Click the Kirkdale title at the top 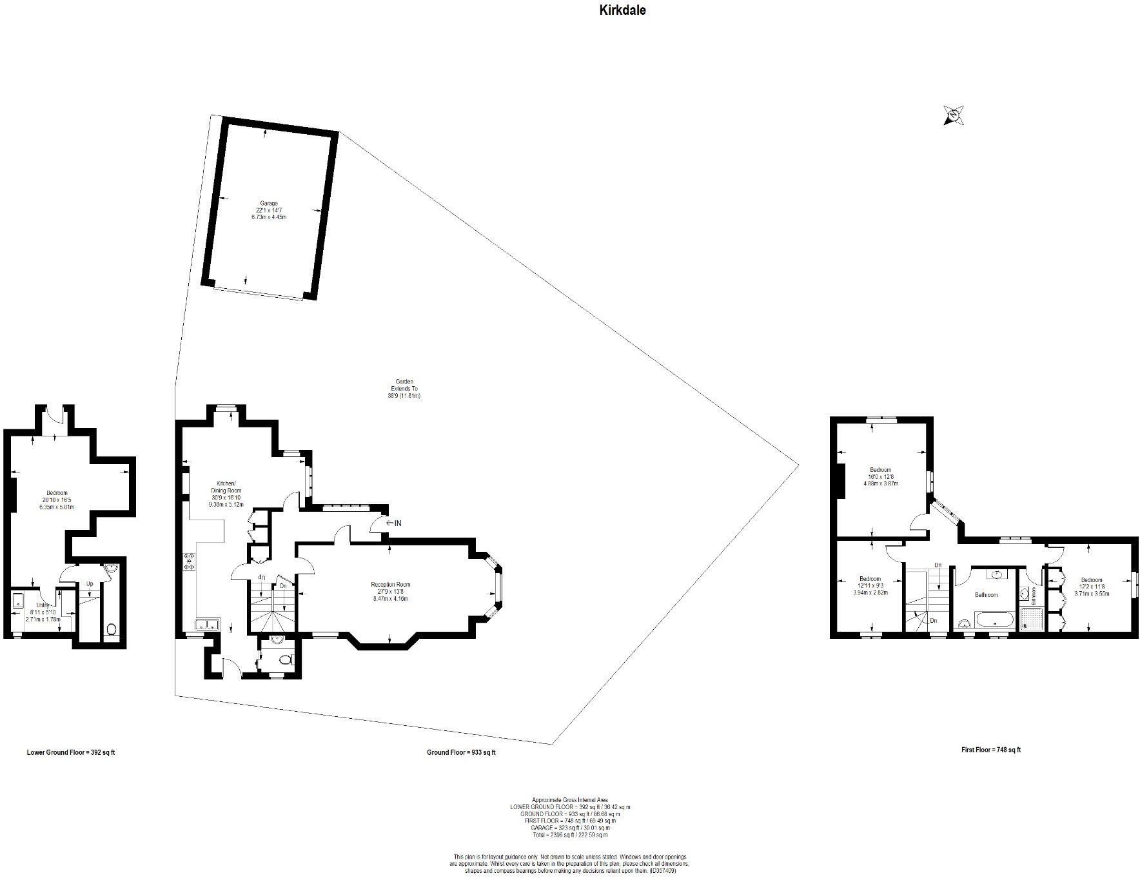(x=622, y=10)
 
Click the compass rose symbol (x=953, y=115)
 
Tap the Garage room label (x=269, y=210)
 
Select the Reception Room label (x=390, y=591)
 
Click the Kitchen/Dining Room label (x=225, y=491)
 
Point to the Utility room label (x=43, y=612)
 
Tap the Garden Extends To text (x=405, y=388)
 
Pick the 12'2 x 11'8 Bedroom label (x=1092, y=587)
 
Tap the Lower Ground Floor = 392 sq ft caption (x=71, y=752)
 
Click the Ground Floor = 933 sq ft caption (x=461, y=752)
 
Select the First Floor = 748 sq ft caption (x=990, y=750)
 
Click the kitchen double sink (x=208, y=624)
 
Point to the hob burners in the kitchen (x=190, y=562)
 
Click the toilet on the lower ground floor (x=110, y=629)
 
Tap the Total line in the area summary (x=570, y=835)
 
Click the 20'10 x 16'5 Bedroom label (x=57, y=500)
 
